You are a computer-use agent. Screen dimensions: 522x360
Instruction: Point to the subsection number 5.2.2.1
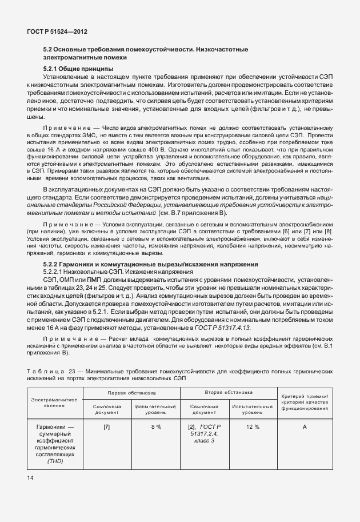pyautogui.click(x=56, y=272)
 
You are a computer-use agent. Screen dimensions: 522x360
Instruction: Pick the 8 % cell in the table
pyautogui.click(x=156, y=427)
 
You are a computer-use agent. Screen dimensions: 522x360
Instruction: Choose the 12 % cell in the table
pyautogui.click(x=253, y=427)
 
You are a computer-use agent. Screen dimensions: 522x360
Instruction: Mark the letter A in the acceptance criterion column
pyautogui.click(x=305, y=427)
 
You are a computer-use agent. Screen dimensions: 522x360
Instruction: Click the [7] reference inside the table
pyautogui.click(x=107, y=427)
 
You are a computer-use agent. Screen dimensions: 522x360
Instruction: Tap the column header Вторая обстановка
pyautogui.click(x=229, y=394)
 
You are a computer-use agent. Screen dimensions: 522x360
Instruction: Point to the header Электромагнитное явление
pyautogui.click(x=55, y=401)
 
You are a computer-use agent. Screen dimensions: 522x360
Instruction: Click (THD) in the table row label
pyautogui.click(x=55, y=461)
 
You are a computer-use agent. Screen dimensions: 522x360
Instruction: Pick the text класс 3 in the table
pyautogui.click(x=204, y=441)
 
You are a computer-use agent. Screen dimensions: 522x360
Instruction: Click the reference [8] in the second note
pyautogui.click(x=327, y=231)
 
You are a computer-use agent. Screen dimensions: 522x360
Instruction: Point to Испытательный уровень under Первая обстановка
pyautogui.click(x=156, y=409)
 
